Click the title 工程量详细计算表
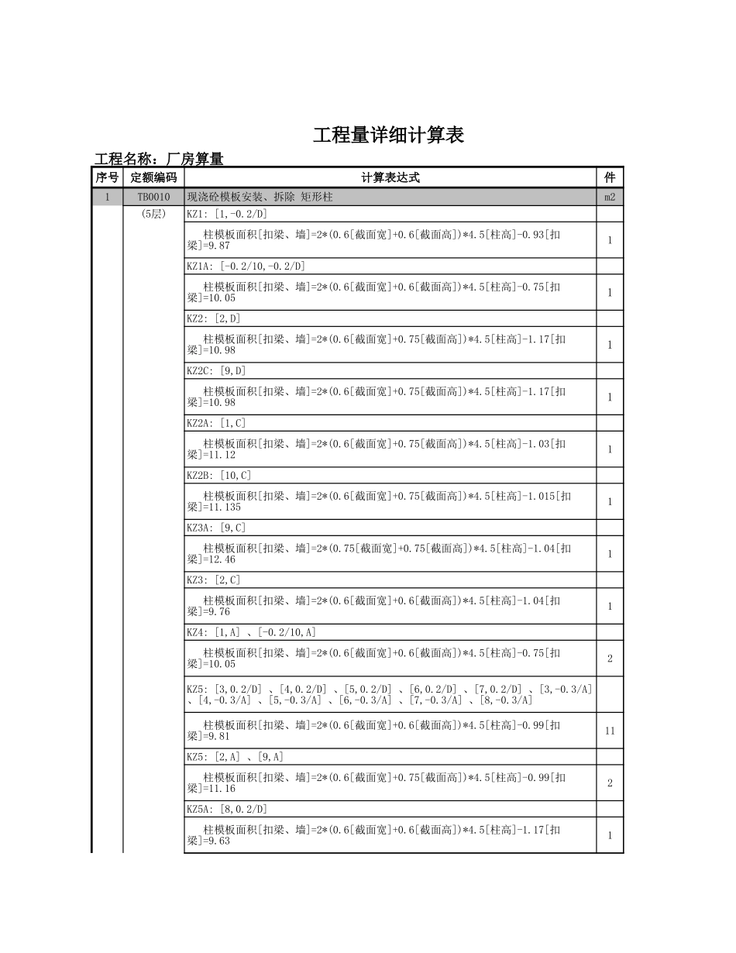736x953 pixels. (x=388, y=135)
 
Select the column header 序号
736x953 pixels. (x=107, y=177)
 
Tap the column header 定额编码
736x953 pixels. (x=153, y=177)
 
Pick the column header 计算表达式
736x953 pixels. (x=390, y=177)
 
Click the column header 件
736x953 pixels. (x=610, y=177)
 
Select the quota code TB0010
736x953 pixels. (x=153, y=198)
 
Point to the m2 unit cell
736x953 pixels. (x=610, y=198)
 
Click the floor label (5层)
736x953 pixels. (x=153, y=214)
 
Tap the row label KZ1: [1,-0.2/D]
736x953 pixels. (x=226, y=214)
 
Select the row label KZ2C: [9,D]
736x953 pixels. (x=216, y=371)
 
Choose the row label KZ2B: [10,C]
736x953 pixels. (x=218, y=476)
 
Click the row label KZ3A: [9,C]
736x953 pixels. (x=216, y=528)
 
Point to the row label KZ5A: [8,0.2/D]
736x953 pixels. (x=226, y=809)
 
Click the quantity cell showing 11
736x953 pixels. (x=610, y=731)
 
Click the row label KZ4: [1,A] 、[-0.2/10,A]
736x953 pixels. (x=251, y=632)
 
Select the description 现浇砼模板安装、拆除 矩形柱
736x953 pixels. (x=260, y=198)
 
